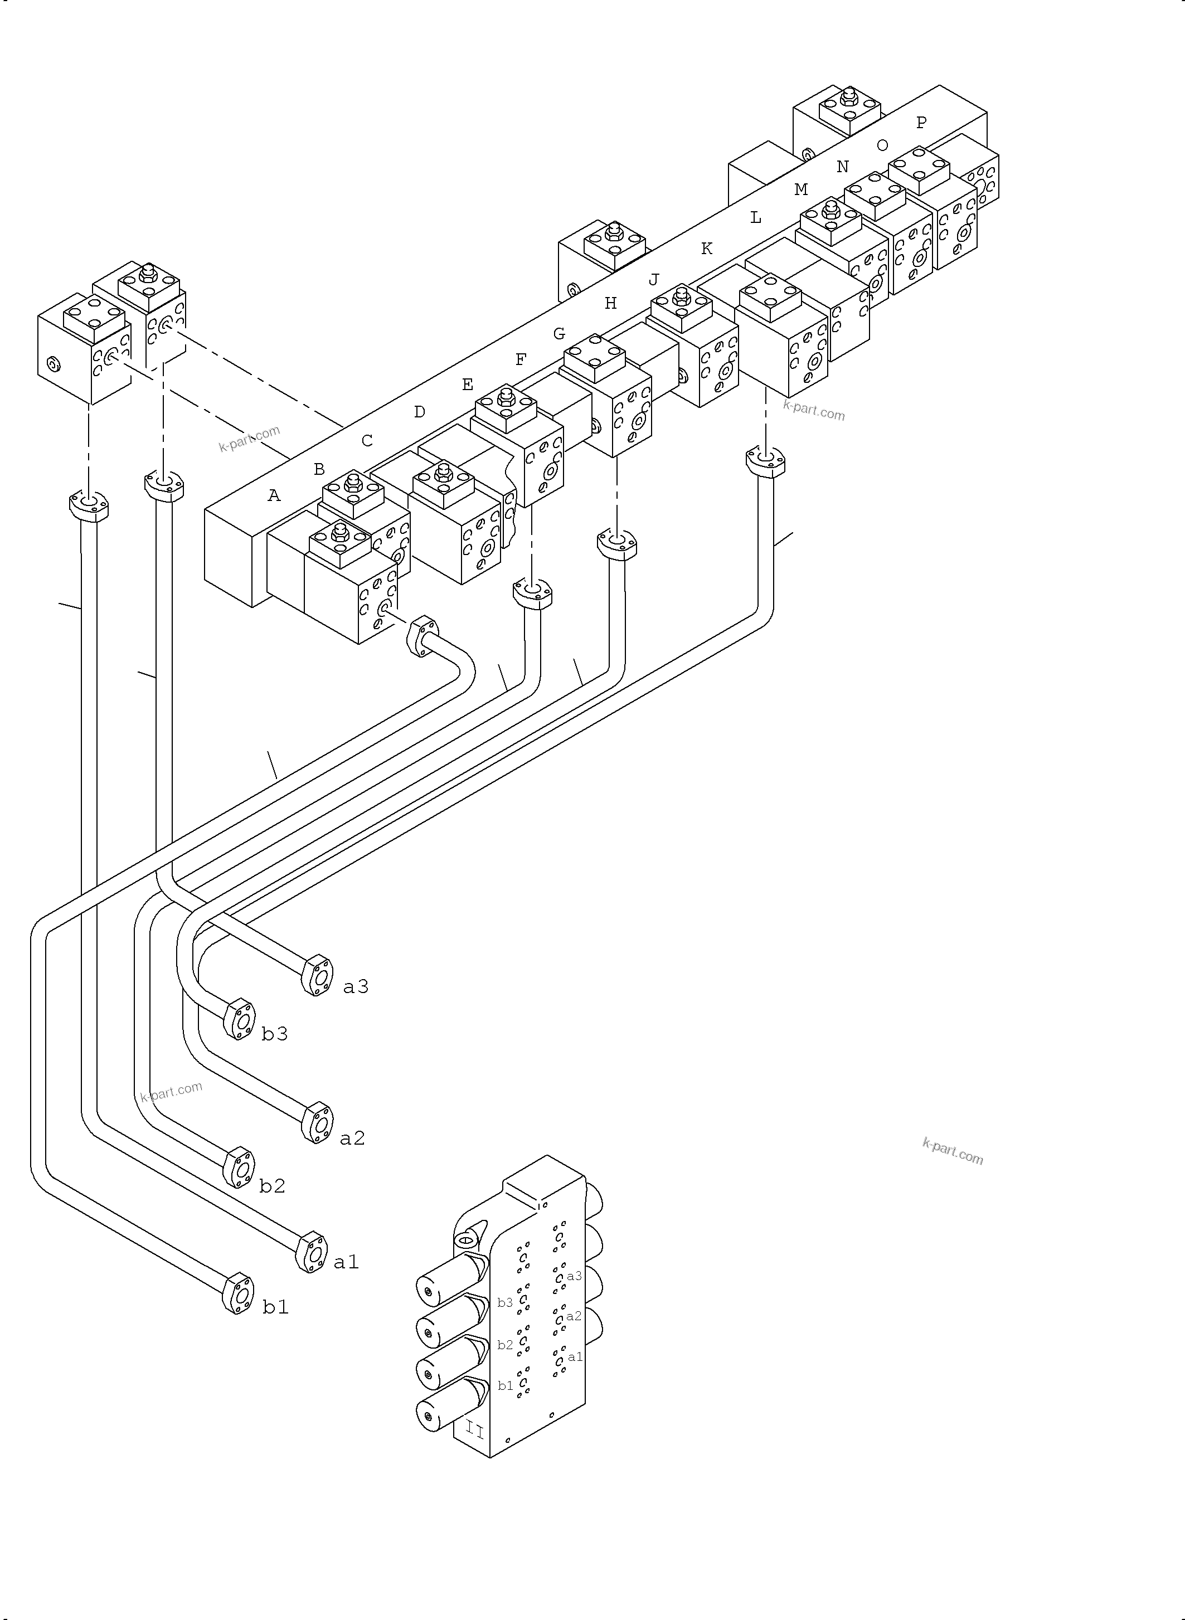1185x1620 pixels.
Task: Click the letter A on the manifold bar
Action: (274, 495)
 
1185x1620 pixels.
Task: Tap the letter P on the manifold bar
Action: (921, 123)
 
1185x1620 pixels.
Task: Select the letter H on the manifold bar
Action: (610, 303)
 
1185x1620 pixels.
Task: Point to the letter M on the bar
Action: (800, 189)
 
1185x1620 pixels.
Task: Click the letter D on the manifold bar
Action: (420, 412)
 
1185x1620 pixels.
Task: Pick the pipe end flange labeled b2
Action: (239, 1169)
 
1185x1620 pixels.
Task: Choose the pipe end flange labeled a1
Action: (310, 1252)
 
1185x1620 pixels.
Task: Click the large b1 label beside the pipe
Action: (275, 1307)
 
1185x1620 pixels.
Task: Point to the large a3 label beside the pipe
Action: (356, 987)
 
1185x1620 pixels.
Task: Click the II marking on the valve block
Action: (475, 1431)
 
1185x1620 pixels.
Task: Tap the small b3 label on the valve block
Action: (505, 1302)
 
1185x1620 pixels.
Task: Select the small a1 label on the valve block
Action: (575, 1357)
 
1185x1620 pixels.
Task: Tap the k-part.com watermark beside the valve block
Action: (953, 1152)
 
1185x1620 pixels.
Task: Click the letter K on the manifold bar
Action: (707, 249)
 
